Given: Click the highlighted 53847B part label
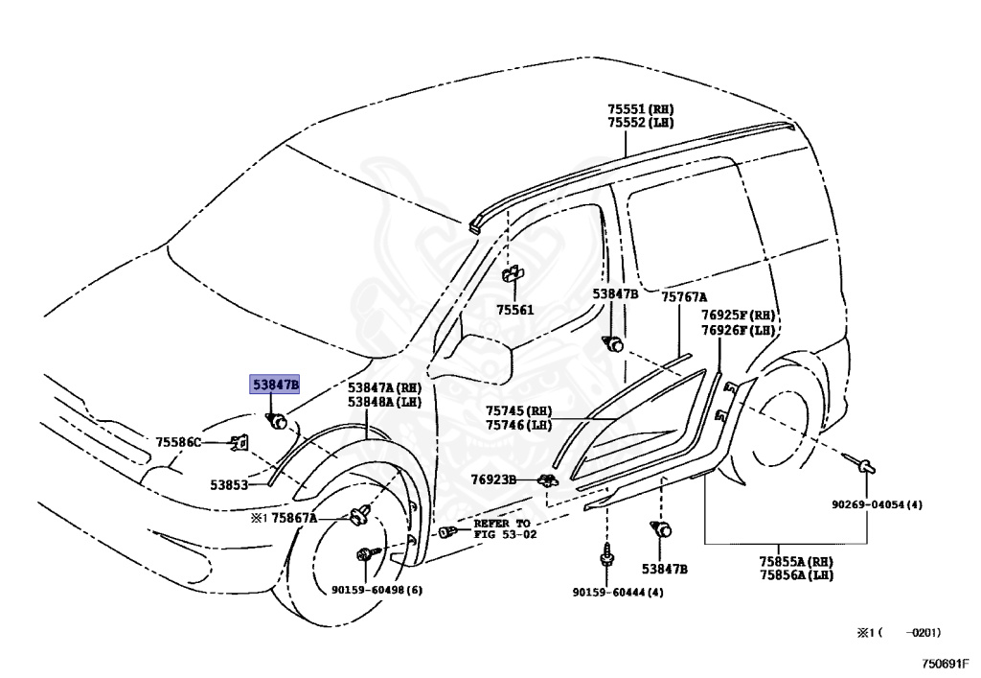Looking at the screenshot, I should tap(275, 386).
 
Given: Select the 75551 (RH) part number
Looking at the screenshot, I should tap(641, 110).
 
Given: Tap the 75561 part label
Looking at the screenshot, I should tap(515, 310).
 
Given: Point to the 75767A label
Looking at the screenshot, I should tap(683, 297).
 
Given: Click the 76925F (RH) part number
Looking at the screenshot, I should tap(737, 316).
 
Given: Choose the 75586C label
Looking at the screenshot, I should tap(179, 442).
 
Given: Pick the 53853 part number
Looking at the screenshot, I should tap(230, 485).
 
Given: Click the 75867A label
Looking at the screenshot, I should tap(294, 518).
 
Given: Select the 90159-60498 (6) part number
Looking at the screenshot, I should tap(376, 590).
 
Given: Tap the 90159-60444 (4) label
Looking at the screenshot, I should tap(618, 592).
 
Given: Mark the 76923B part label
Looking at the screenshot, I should tap(493, 479).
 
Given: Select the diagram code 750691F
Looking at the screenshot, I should tap(946, 662).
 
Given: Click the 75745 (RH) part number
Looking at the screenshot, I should tap(518, 410).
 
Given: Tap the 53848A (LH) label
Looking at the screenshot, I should tap(384, 402).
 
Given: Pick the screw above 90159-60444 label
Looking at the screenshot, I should tap(606, 556).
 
